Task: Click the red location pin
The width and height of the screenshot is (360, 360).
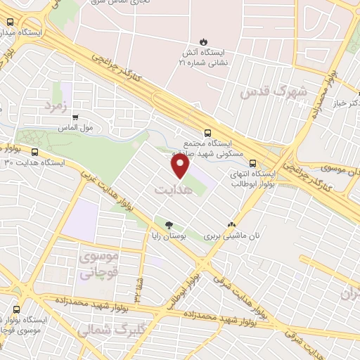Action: [181, 165]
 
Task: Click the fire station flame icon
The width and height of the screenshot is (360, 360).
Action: [204, 40]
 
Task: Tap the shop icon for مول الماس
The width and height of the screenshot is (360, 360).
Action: [75, 117]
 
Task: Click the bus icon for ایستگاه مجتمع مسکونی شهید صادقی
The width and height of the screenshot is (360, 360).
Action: [207, 132]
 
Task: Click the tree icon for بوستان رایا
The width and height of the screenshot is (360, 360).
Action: [168, 225]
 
